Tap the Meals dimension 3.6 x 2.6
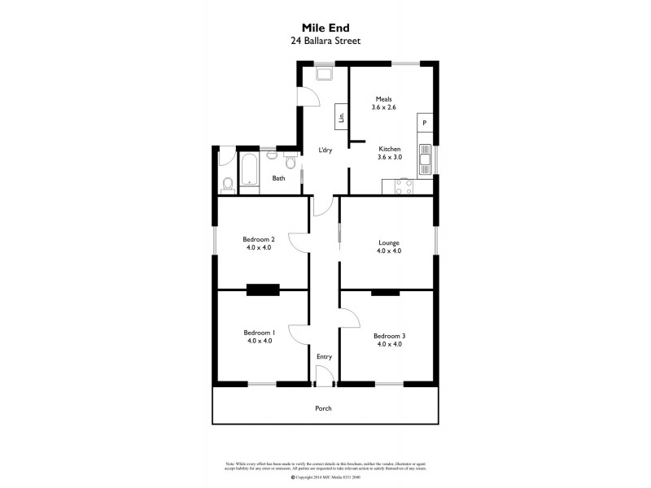pyautogui.click(x=383, y=107)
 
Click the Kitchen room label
pyautogui.click(x=390, y=149)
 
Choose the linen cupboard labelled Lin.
pyautogui.click(x=341, y=115)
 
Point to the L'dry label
pyautogui.click(x=325, y=150)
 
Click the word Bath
pyautogui.click(x=278, y=178)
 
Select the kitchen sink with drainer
pyautogui.click(x=424, y=159)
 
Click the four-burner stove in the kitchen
pyautogui.click(x=403, y=186)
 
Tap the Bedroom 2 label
pyautogui.click(x=258, y=239)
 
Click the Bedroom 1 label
pyautogui.click(x=258, y=332)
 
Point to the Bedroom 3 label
pyautogui.click(x=388, y=336)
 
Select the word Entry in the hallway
pyautogui.click(x=324, y=356)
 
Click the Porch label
pyautogui.click(x=324, y=407)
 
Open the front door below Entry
pyautogui.click(x=324, y=377)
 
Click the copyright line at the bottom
pyautogui.click(x=325, y=477)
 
